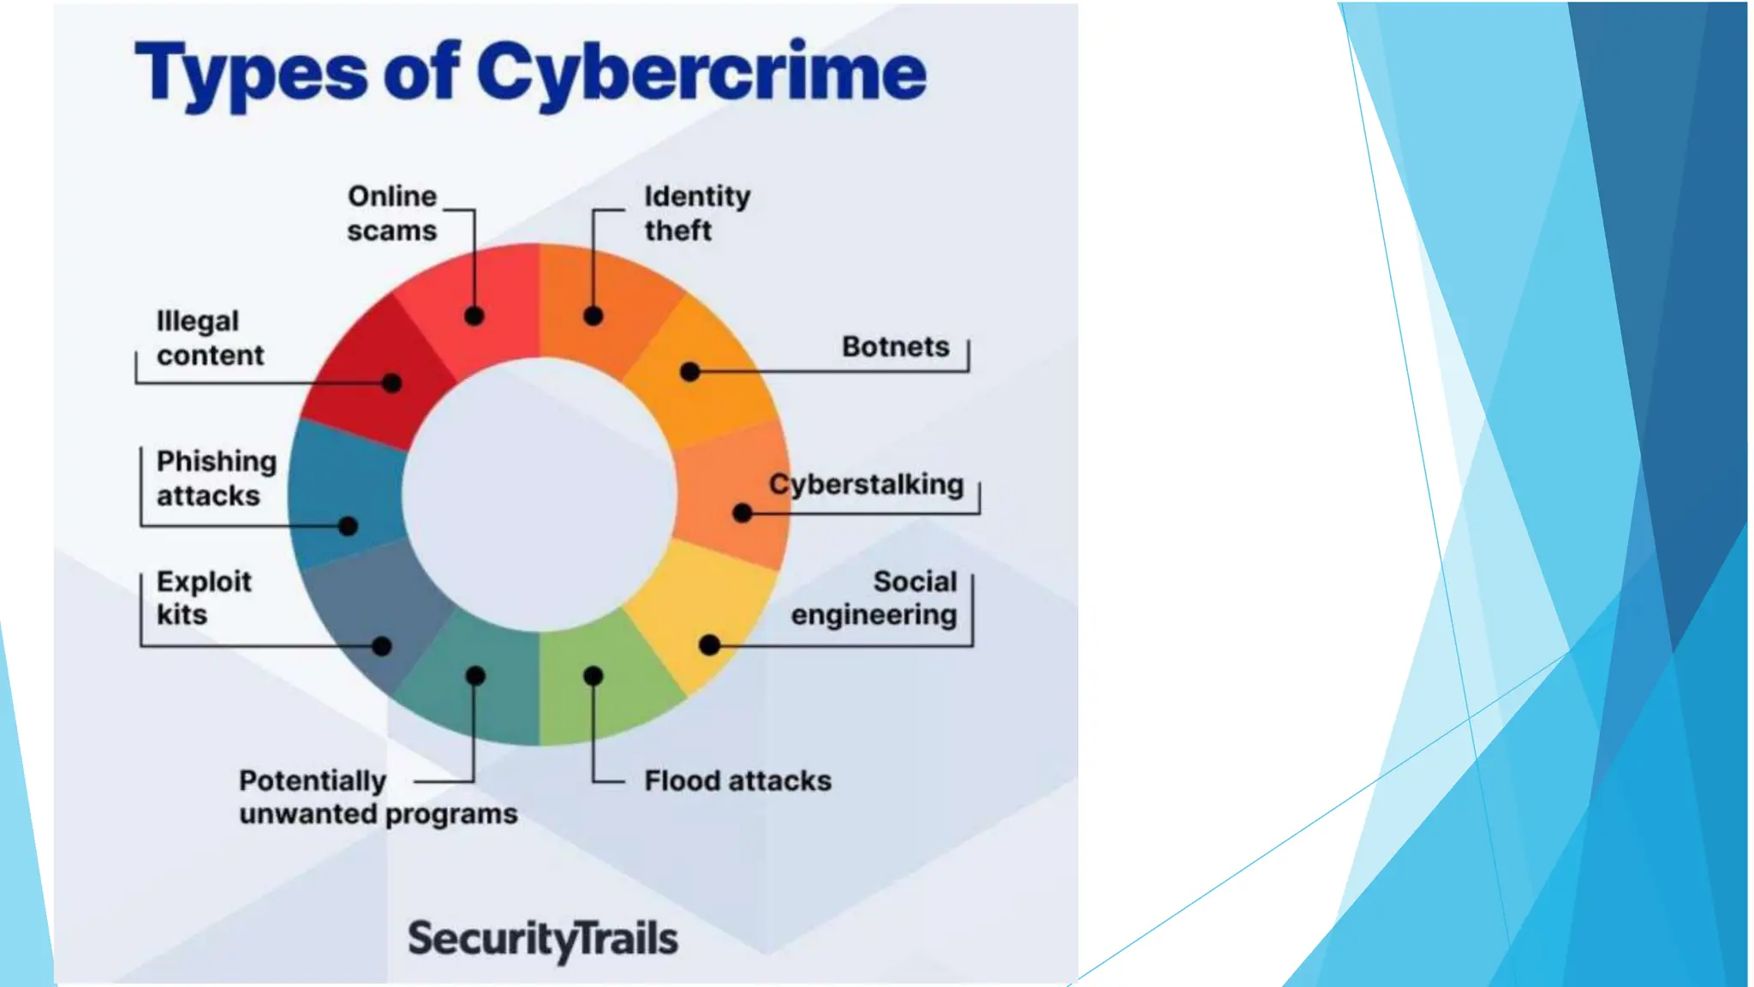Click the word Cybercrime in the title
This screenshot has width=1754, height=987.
(x=701, y=72)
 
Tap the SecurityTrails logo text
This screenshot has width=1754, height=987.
(x=542, y=938)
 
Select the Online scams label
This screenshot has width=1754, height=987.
(x=392, y=213)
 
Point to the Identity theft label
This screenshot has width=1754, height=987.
(x=697, y=213)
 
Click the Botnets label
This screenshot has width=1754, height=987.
(x=895, y=346)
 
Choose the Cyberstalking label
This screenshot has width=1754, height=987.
(x=866, y=484)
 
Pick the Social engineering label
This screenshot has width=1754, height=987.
(x=874, y=598)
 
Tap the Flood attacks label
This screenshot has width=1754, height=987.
(x=737, y=781)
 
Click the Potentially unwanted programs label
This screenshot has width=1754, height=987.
(x=378, y=797)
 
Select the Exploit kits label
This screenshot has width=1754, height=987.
(x=204, y=598)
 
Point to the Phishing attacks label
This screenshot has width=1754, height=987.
(x=216, y=478)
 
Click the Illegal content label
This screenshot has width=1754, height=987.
(x=210, y=338)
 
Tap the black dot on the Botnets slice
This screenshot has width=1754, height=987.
(x=690, y=372)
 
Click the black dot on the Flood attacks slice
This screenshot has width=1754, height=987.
(x=593, y=676)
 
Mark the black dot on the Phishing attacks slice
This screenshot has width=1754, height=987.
(x=348, y=526)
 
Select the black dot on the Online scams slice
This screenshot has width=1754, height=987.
(x=474, y=316)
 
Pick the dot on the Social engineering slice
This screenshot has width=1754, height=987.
(x=709, y=645)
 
